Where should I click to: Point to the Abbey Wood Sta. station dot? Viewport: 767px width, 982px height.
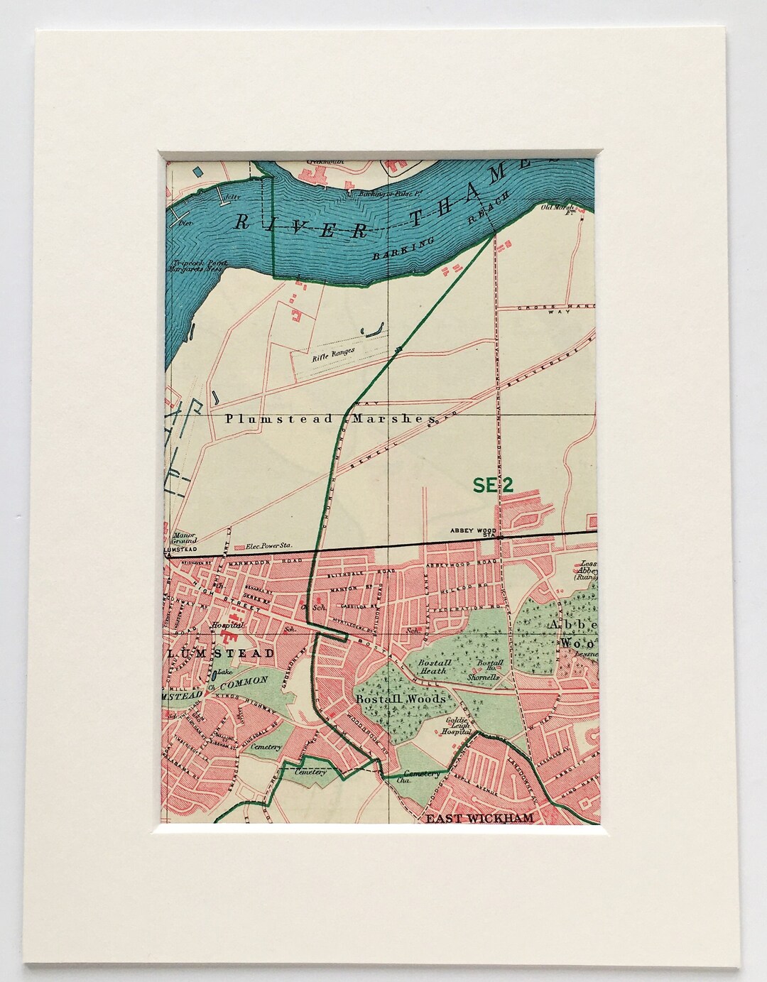(501, 538)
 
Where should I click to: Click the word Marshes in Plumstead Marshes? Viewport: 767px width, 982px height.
(390, 420)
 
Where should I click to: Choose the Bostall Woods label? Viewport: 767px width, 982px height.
(401, 699)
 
